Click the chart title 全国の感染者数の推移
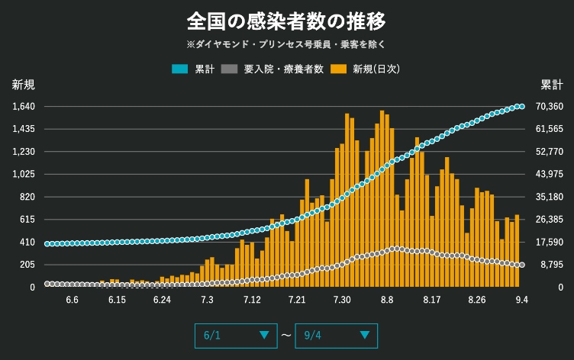(287, 19)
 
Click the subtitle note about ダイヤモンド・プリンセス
(287, 44)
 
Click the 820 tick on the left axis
(27, 197)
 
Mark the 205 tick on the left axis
(27, 265)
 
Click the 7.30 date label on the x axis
(342, 300)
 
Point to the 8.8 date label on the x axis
(387, 300)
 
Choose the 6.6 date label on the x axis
(73, 300)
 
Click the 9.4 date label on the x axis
(522, 300)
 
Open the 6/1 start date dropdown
(236, 335)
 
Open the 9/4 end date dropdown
(336, 335)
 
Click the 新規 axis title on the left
(23, 84)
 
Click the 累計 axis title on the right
(551, 84)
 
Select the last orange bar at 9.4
(518, 251)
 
